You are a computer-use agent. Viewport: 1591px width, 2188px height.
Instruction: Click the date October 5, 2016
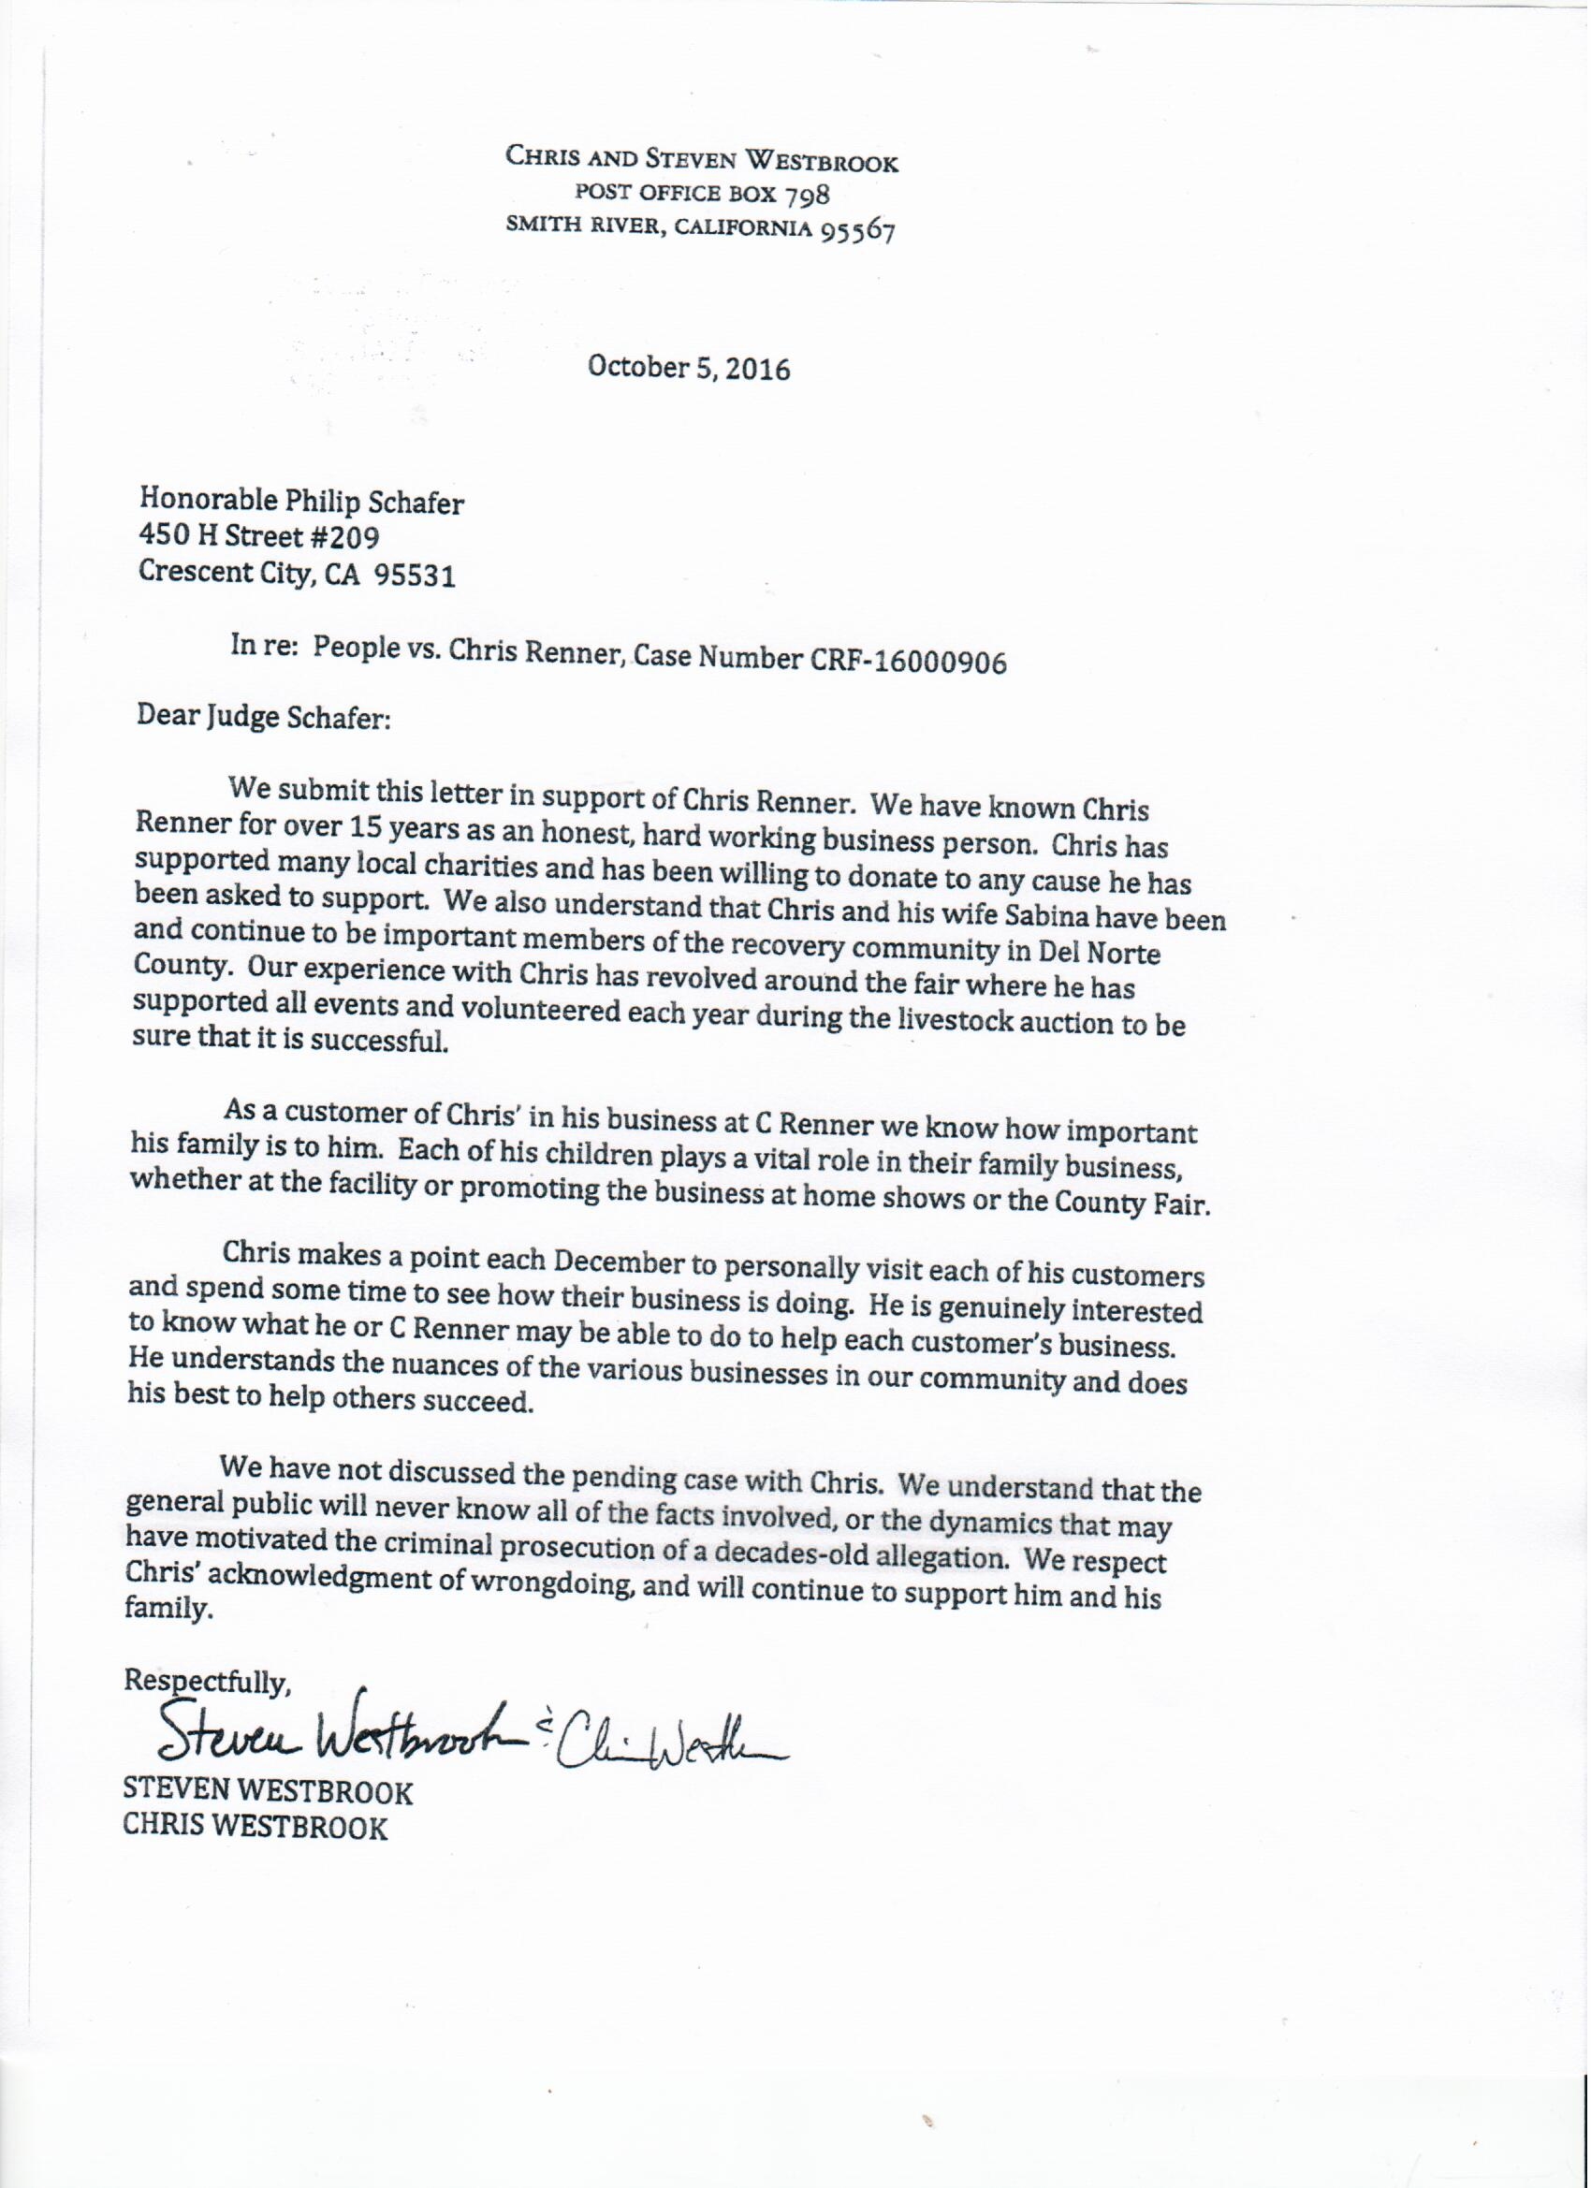[689, 369]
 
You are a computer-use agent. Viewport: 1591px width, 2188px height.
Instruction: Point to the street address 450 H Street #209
[259, 535]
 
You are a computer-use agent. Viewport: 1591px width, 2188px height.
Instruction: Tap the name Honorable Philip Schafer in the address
[302, 500]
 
